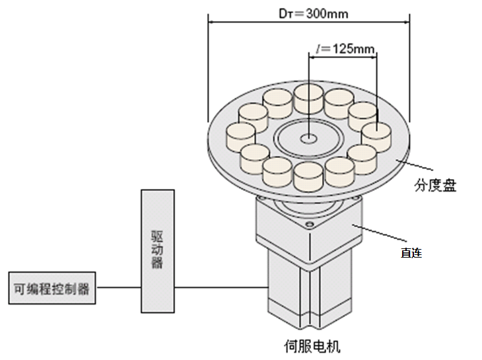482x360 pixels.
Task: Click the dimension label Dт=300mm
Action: [x=309, y=13]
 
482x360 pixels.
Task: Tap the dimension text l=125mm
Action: [x=345, y=49]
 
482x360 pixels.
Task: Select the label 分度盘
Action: [x=436, y=186]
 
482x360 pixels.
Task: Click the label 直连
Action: [x=411, y=252]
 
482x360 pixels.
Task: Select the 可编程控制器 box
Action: [x=52, y=289]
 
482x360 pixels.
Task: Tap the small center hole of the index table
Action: [x=308, y=139]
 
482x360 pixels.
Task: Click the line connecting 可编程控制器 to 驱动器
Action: [x=118, y=288]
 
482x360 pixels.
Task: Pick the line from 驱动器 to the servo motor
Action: [x=221, y=288]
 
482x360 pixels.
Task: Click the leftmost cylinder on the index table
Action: [x=240, y=135]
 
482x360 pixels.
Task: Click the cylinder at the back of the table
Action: [x=308, y=98]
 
